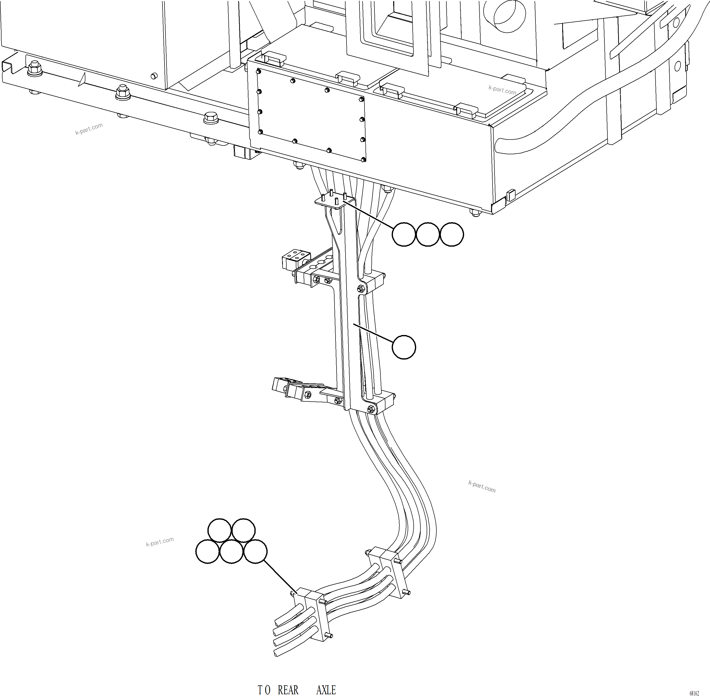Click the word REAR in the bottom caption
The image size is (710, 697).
(x=288, y=690)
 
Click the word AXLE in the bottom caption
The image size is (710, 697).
(x=326, y=690)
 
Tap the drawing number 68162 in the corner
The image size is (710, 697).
(x=694, y=693)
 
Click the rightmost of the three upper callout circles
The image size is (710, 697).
(x=451, y=234)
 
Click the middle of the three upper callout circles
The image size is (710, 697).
(x=428, y=234)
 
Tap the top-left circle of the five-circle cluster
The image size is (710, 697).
(x=219, y=530)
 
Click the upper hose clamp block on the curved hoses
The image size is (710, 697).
(x=387, y=572)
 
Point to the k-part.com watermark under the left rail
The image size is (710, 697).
(x=89, y=129)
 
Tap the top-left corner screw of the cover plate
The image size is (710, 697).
(x=259, y=71)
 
